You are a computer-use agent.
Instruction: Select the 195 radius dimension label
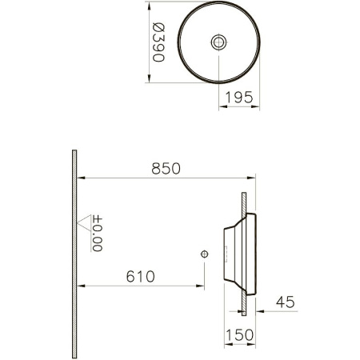tap(238, 98)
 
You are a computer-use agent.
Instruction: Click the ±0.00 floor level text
tap(98, 234)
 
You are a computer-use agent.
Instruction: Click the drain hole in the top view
tap(218, 42)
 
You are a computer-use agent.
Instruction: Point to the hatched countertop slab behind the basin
tap(244, 254)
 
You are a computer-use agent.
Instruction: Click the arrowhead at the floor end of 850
tap(80, 178)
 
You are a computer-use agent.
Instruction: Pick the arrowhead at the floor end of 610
tap(80, 286)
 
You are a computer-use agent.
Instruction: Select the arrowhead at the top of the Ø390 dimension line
tap(149, 6)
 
